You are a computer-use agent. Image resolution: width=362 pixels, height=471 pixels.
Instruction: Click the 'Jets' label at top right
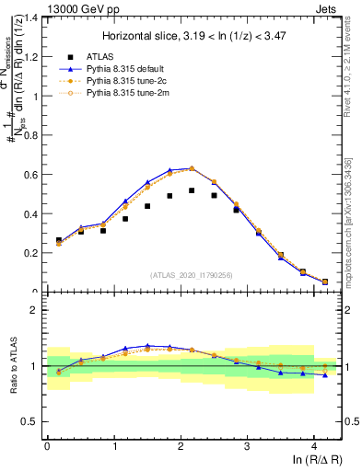click(x=328, y=7)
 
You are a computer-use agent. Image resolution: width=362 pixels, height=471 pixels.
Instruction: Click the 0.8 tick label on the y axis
click(x=31, y=135)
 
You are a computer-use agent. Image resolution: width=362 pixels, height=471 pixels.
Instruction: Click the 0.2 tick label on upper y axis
click(x=31, y=253)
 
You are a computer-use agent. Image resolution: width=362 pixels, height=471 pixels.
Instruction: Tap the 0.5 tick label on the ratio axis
click(x=31, y=422)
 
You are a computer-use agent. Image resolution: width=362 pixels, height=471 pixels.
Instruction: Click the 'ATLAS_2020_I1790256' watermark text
click(x=193, y=275)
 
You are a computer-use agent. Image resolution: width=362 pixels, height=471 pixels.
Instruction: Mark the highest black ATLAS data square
click(x=192, y=190)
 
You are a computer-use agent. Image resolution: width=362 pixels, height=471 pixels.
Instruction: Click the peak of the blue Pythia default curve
click(x=192, y=168)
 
